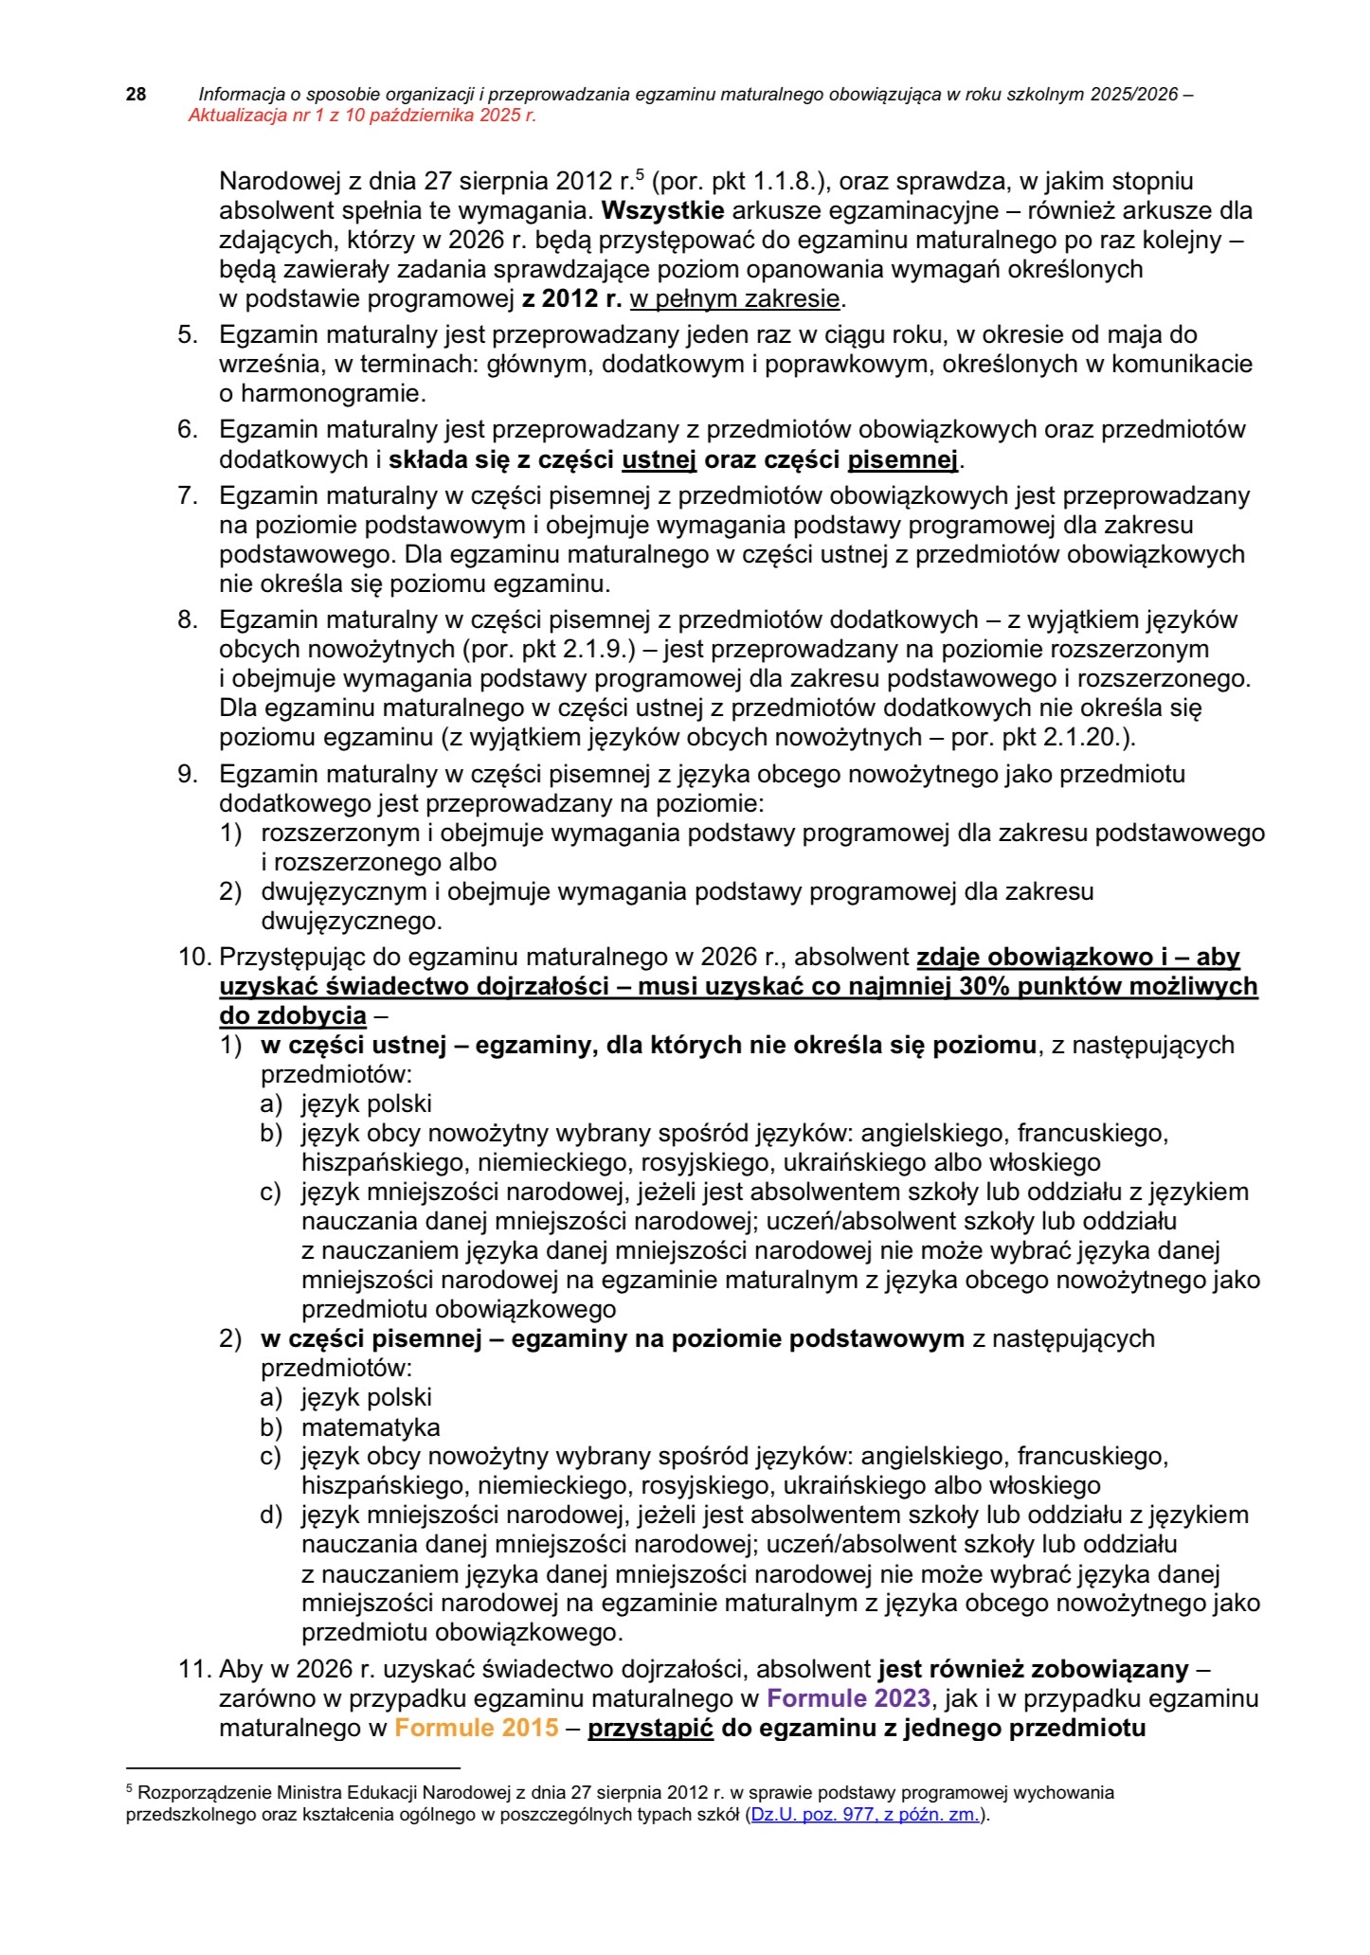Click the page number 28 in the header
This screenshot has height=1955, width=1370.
tap(135, 95)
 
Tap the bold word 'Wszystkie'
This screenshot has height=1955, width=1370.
tap(662, 210)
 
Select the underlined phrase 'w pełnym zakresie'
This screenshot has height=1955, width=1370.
tap(735, 300)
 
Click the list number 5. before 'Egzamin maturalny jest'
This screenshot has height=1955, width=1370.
tap(188, 335)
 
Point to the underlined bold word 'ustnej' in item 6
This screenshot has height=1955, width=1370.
tap(659, 461)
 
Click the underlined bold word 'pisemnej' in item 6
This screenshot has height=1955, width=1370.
tap(903, 461)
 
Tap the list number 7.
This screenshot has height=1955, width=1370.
tap(188, 496)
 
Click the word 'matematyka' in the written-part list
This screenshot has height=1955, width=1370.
tap(370, 1427)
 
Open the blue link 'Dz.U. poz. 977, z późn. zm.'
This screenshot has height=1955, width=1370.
tap(866, 1816)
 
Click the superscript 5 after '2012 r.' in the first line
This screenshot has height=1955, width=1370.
tap(640, 173)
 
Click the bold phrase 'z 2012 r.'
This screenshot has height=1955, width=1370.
tap(572, 300)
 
